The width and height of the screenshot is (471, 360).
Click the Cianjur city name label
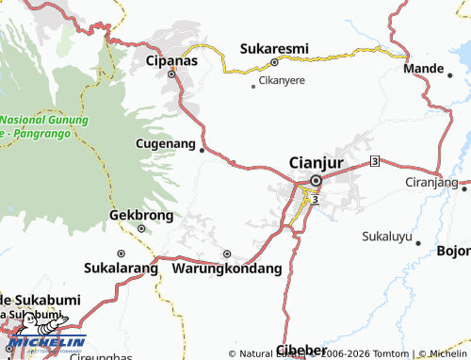[x=315, y=162]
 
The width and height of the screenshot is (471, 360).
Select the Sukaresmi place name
[x=274, y=48]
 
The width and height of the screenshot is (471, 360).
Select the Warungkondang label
[x=227, y=269]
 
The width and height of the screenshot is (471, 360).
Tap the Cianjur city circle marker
[x=316, y=180]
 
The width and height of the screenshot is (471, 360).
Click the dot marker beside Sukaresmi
[x=274, y=62]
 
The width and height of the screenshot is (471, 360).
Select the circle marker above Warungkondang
[x=226, y=254]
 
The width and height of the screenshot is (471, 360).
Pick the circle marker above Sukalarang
[x=121, y=254]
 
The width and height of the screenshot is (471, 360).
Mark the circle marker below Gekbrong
[x=141, y=227]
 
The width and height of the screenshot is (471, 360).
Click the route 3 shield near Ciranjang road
[x=375, y=162]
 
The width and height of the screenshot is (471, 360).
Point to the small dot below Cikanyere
[x=252, y=88]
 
